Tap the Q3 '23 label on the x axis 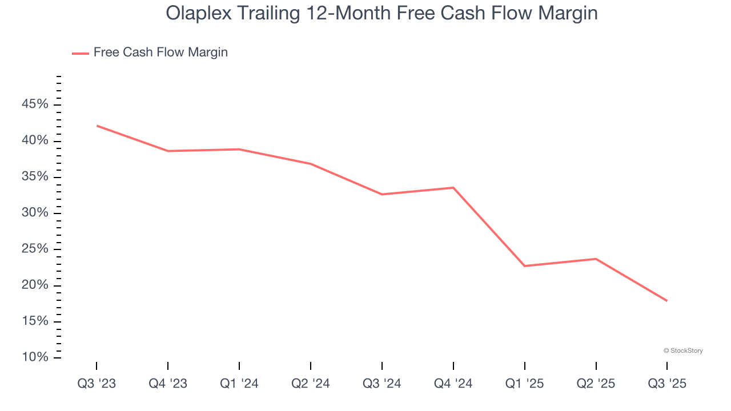click(97, 384)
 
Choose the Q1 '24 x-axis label click(239, 384)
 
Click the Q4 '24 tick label click(453, 384)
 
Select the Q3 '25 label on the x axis click(667, 384)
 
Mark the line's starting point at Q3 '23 click(97, 126)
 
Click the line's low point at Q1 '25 click(524, 266)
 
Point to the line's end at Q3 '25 click(667, 301)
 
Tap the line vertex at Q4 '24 click(453, 188)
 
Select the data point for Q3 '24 click(382, 194)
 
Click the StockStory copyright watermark click(683, 350)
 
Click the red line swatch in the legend click(81, 53)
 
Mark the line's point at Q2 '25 click(596, 259)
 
